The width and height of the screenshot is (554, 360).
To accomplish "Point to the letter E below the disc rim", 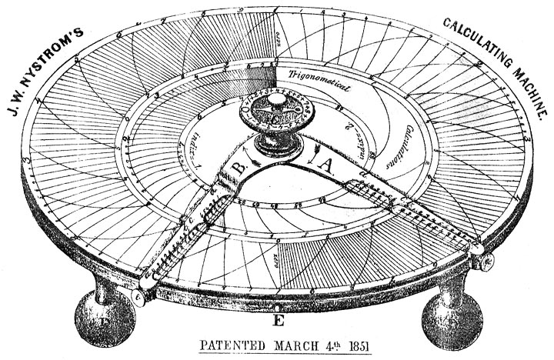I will tap(278, 314).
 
